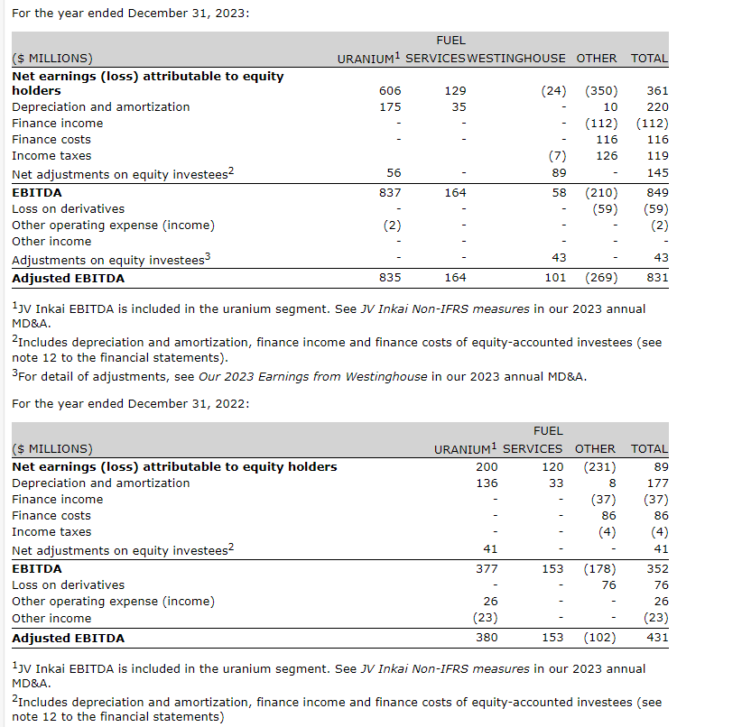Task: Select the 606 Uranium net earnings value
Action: pos(390,90)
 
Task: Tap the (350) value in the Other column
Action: pos(601,90)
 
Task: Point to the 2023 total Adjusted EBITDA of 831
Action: pos(657,278)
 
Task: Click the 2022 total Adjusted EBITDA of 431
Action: pos(657,638)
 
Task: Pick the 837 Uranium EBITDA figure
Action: pos(390,192)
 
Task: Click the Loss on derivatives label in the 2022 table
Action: pos(69,584)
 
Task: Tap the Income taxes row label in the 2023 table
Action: pos(51,155)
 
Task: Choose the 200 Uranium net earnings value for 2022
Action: pos(487,466)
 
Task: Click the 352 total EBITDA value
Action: pos(657,568)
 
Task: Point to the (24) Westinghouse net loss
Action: pos(553,90)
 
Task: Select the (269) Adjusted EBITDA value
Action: pos(601,278)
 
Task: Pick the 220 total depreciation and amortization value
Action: pos(657,106)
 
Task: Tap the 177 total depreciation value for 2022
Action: pos(657,483)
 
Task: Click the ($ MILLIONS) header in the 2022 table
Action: pos(52,448)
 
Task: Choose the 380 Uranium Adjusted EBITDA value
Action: pos(487,638)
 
